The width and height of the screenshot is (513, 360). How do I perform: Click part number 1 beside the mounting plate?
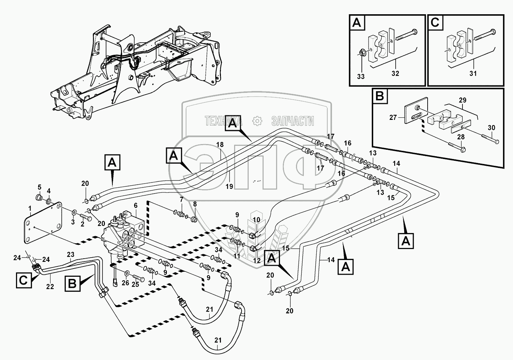click(x=30, y=208)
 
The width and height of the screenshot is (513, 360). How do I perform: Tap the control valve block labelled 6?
click(x=125, y=235)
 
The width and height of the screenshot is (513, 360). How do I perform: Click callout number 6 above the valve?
click(x=135, y=206)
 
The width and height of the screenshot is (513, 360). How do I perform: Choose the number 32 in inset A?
click(x=395, y=73)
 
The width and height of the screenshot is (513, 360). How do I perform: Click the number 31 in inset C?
click(x=473, y=73)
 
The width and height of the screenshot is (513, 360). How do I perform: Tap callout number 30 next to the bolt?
click(x=491, y=128)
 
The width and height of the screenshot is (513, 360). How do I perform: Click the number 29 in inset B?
click(x=463, y=101)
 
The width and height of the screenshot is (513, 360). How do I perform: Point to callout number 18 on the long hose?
click(x=220, y=144)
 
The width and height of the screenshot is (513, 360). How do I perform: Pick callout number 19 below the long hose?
click(x=229, y=186)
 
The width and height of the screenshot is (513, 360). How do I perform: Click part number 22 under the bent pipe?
click(x=50, y=287)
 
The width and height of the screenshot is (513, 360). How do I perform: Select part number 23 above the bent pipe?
click(x=70, y=254)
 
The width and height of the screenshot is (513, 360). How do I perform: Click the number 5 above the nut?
click(x=39, y=187)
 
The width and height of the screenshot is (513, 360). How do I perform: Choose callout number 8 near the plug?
click(x=195, y=204)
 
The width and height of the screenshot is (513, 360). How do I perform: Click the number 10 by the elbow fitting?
click(x=256, y=220)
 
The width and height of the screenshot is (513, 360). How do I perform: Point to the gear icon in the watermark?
click(x=256, y=121)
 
